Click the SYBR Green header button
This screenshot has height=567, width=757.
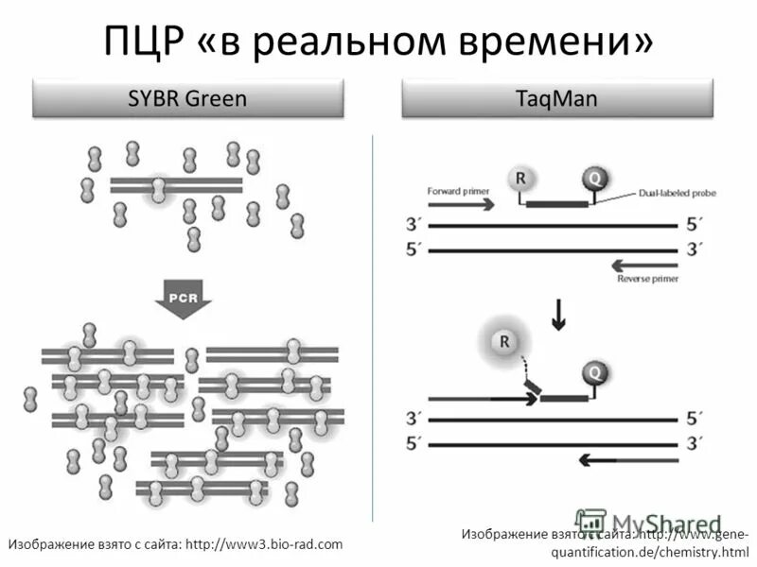click(186, 98)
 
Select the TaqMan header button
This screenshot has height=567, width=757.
click(555, 98)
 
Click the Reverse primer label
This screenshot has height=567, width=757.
click(648, 279)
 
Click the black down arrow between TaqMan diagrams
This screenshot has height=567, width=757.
click(559, 315)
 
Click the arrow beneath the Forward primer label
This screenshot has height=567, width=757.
click(462, 204)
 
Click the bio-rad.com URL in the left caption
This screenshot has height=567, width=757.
click(264, 544)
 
